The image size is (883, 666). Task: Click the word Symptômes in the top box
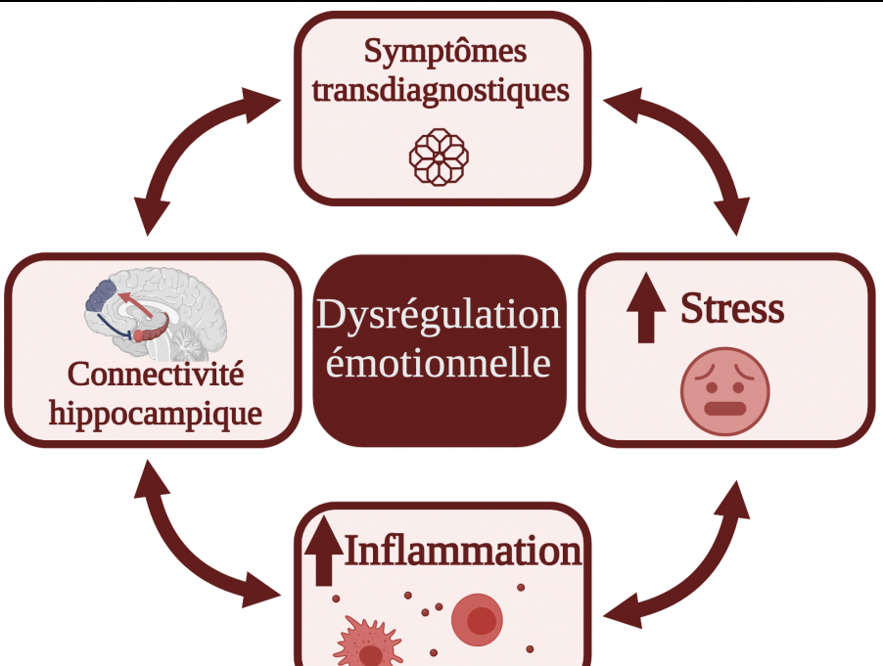[x=443, y=50]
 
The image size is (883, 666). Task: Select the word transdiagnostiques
[x=440, y=91]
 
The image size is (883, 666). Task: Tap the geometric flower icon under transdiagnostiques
[x=439, y=156]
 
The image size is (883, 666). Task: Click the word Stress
[x=732, y=309]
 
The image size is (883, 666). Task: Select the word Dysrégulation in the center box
[x=439, y=316]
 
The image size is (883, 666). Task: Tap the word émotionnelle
[x=438, y=364]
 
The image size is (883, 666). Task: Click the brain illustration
[x=156, y=313]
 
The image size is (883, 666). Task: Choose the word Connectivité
[x=157, y=375]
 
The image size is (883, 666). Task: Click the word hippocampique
[x=155, y=413]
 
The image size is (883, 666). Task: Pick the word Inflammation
[x=462, y=551]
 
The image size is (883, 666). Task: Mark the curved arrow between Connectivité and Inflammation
[x=190, y=547]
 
